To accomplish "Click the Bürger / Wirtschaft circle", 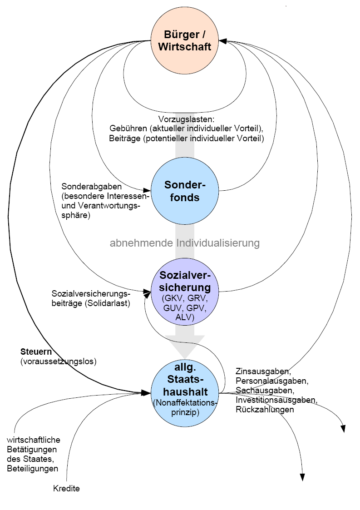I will pos(185,40).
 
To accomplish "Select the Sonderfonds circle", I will pos(185,191).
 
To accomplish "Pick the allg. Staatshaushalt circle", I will pos(185,391).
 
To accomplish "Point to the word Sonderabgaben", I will pos(85,187).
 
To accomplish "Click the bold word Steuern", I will pos(36,352).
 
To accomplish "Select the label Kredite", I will pos(66,489).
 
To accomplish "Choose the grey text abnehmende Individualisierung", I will pos(185,243).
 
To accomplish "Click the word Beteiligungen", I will pos(33,468).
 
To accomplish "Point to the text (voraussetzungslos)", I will pos(59,361).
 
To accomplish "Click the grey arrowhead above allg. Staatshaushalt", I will pos(185,348).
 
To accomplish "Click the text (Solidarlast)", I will pos(108,303).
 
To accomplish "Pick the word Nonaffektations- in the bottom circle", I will pos(186,402).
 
